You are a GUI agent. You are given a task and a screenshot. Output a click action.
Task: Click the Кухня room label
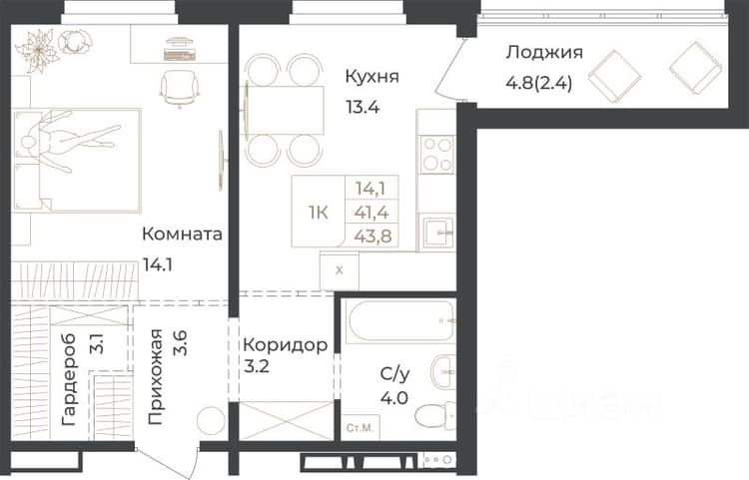pyautogui.click(x=373, y=77)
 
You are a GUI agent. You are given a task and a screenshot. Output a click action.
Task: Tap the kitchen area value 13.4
pyautogui.click(x=363, y=107)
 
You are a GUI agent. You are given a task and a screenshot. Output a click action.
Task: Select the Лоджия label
pyautogui.click(x=544, y=53)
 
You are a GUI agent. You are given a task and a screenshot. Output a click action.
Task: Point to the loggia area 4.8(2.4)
pyautogui.click(x=539, y=83)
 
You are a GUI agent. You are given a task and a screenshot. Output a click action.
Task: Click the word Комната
pyautogui.click(x=182, y=235)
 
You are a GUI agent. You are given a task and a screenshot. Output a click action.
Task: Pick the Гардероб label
pyautogui.click(x=69, y=379)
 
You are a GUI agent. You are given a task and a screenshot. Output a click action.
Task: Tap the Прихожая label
pyautogui.click(x=155, y=377)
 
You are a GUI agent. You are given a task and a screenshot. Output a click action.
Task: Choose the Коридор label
pyautogui.click(x=286, y=344)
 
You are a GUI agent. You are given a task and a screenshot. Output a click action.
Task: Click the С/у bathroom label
pyautogui.click(x=395, y=374)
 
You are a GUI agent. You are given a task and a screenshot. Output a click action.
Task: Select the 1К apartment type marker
pyautogui.click(x=319, y=213)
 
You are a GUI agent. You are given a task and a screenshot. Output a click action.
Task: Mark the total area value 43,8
pyautogui.click(x=373, y=236)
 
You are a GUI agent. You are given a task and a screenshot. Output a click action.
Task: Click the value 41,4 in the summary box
pyautogui.click(x=372, y=212)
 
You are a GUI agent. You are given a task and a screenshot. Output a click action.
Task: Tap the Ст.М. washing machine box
pyautogui.click(x=361, y=427)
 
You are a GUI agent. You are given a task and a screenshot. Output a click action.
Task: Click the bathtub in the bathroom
pyautogui.click(x=400, y=321)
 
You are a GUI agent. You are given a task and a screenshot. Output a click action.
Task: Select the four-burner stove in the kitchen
pyautogui.click(x=437, y=155)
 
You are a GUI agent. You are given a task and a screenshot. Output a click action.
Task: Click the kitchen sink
pyautogui.click(x=438, y=233)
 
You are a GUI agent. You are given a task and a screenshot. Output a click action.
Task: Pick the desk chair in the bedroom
pyautogui.click(x=179, y=88)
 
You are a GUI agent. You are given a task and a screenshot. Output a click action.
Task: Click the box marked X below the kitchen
pyautogui.click(x=340, y=270)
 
